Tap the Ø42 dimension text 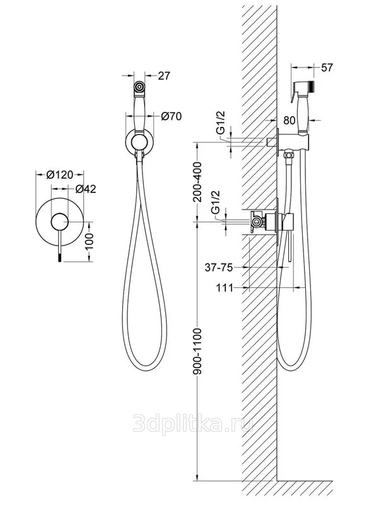[x=85, y=188]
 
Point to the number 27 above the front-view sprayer [x=164, y=76]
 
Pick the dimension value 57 [x=327, y=67]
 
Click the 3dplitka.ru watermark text [x=193, y=424]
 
